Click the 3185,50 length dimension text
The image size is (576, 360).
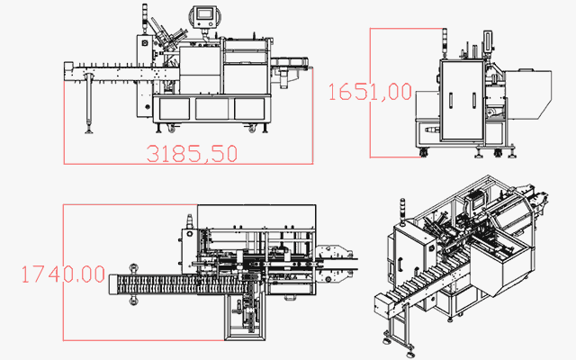[192, 153]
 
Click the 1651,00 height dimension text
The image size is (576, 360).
[370, 92]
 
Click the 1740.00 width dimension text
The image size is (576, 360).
[62, 274]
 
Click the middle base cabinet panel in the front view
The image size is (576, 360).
[212, 109]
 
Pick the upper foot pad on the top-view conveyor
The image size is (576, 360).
[133, 266]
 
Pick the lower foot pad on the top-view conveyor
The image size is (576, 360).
[133, 301]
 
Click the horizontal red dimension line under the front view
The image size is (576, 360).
[189, 164]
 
